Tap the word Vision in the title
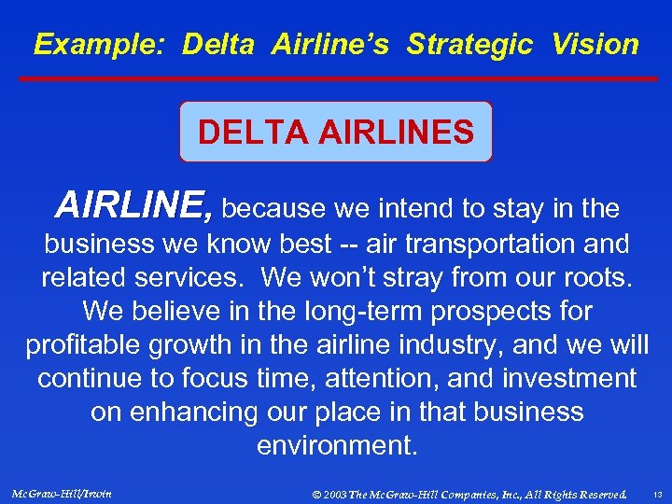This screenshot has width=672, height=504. coord(595,44)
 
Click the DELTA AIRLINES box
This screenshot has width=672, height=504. coord(335,132)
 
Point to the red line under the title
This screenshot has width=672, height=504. coord(335,79)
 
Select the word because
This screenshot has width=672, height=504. coord(274,207)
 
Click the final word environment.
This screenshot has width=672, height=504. coord(336,446)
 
